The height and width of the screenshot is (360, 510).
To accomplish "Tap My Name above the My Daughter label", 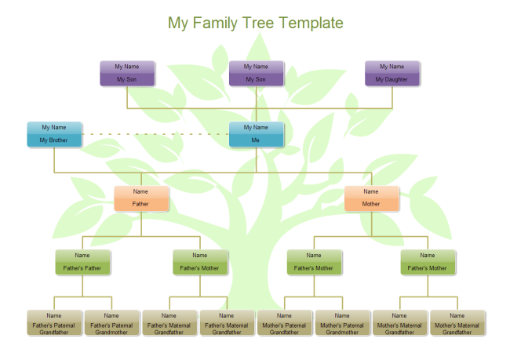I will [x=392, y=67].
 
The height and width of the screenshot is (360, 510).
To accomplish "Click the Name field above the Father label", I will [x=140, y=191].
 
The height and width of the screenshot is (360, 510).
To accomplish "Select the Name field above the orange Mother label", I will [x=371, y=191].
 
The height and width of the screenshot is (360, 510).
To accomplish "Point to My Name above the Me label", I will [x=256, y=127].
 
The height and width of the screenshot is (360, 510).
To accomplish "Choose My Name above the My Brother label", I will [x=54, y=127].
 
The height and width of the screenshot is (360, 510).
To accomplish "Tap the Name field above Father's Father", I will [x=82, y=255].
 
